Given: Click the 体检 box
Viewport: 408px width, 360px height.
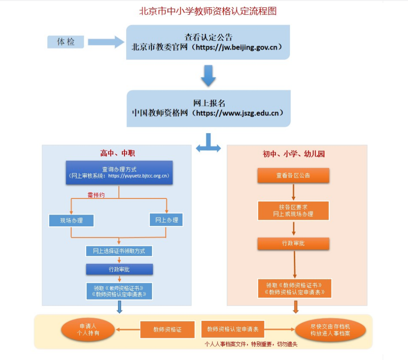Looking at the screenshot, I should point(65,42).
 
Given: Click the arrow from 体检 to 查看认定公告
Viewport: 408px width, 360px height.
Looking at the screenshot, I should point(106,42).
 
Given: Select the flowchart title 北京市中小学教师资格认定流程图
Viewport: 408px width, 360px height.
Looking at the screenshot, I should point(208,11).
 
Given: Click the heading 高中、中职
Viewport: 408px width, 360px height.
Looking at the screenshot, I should point(118,153).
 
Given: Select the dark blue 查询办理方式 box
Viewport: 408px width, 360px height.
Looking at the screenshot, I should point(119,172).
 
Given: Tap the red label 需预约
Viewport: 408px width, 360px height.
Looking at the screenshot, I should point(96,195).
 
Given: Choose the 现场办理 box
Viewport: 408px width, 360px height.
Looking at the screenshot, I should point(71,220).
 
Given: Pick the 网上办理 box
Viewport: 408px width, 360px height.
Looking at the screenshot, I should point(166,220).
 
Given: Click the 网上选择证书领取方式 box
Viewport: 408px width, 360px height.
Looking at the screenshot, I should point(119,251).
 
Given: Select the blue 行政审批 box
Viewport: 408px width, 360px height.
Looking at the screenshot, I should point(119,269).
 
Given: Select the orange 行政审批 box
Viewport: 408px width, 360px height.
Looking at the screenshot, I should point(293,243).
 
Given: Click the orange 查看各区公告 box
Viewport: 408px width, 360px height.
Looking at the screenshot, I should point(293,175).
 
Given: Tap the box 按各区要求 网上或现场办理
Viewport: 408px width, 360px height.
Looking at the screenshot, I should point(293,211).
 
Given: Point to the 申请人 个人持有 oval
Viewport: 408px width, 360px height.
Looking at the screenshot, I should point(88,330).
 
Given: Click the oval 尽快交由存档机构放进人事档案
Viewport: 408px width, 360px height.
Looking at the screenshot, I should point(330,330).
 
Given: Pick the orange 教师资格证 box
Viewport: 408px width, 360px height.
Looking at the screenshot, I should point(167,330).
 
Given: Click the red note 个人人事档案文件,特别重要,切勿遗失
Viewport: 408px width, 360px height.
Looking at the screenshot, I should point(251,344).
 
